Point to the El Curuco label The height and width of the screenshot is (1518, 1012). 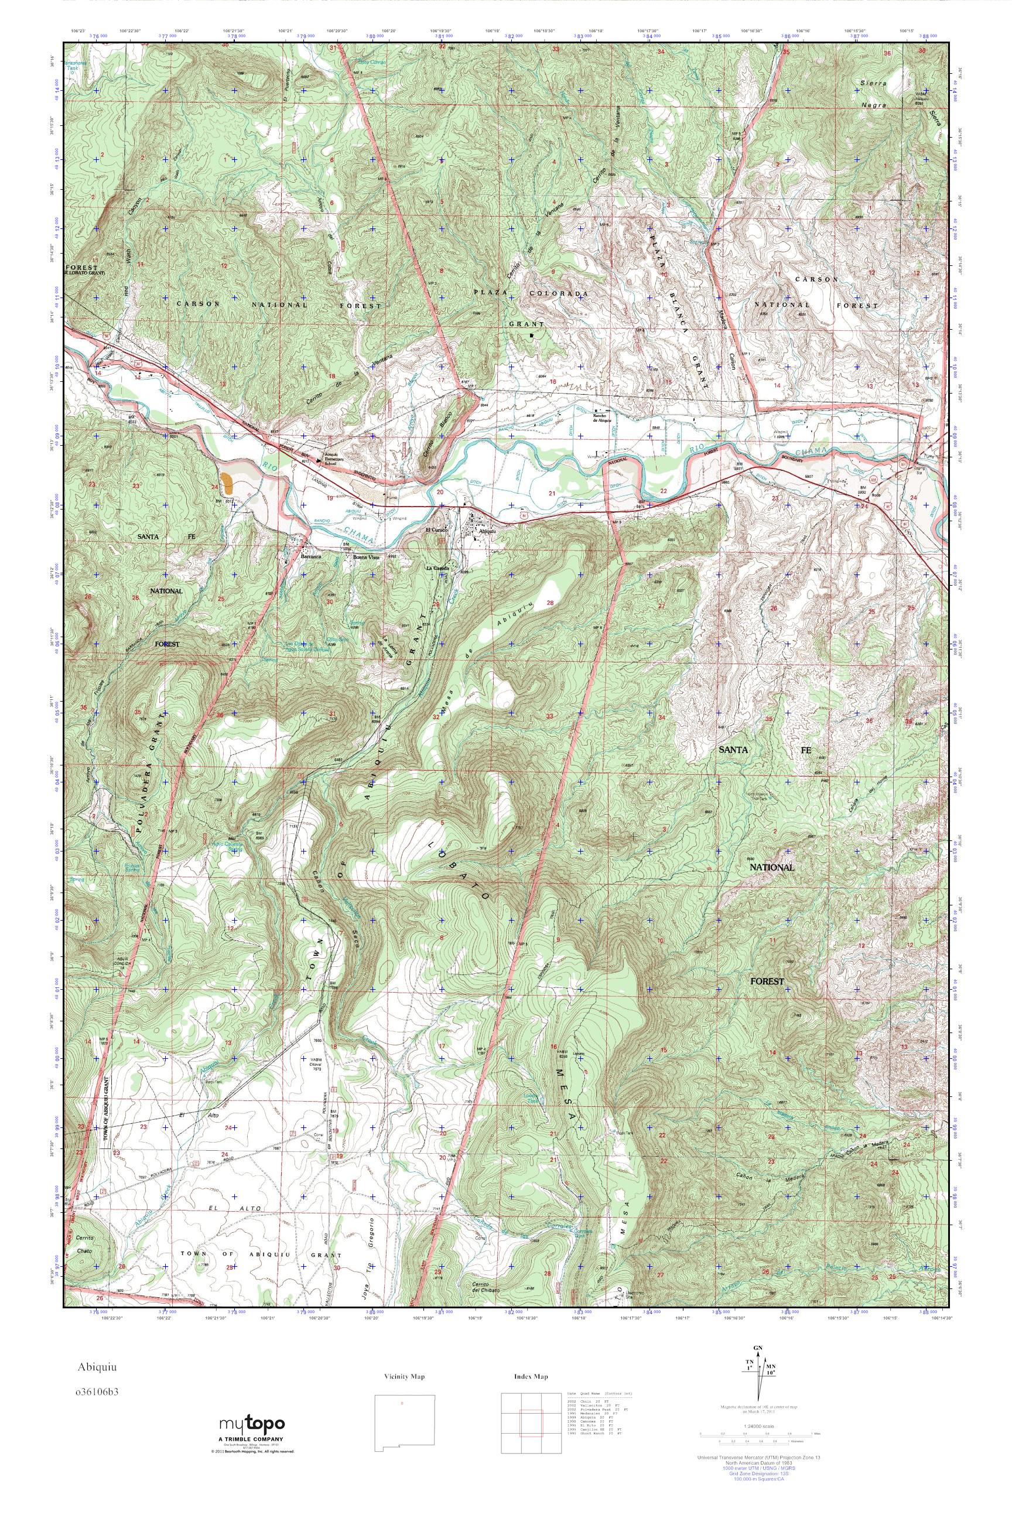click(437, 531)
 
